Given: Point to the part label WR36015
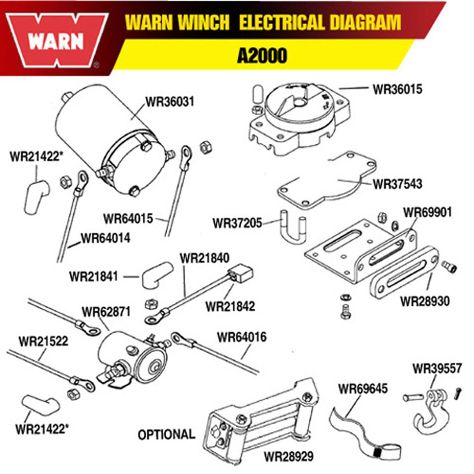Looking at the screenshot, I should [x=397, y=89].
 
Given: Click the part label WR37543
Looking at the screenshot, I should [x=397, y=184].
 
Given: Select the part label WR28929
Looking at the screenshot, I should [x=289, y=456].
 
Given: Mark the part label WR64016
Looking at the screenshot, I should [x=242, y=337].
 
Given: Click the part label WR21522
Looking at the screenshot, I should [x=43, y=341].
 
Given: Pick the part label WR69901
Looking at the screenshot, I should [x=427, y=212].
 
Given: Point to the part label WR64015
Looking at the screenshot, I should [x=128, y=218].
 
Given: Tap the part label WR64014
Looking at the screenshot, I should [x=105, y=238].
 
